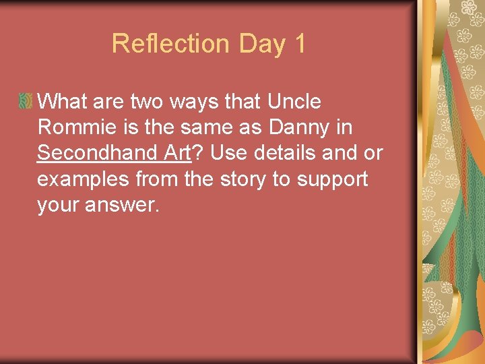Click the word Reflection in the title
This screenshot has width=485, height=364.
point(170,44)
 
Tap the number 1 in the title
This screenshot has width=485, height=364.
point(298,44)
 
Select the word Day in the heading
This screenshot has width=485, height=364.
point(262,44)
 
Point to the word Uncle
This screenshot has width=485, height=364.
point(294,102)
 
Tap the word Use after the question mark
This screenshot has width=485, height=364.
point(229,153)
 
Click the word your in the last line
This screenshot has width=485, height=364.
point(58,205)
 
